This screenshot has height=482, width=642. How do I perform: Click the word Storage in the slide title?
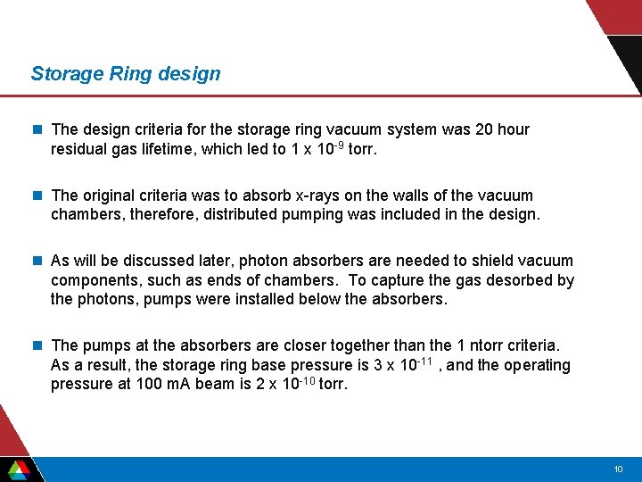tap(67, 74)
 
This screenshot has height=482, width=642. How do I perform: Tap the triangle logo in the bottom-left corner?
tap(18, 469)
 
